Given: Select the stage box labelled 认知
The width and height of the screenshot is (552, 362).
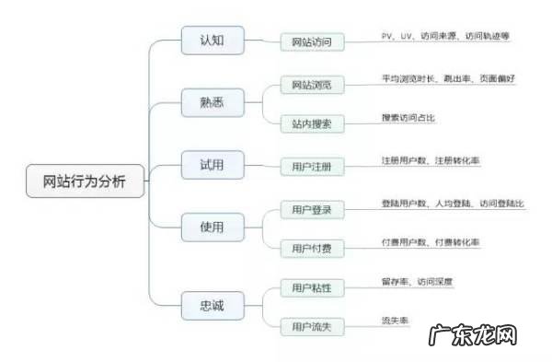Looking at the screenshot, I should [x=212, y=41].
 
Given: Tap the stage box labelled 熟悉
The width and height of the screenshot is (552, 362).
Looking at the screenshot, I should [x=212, y=103].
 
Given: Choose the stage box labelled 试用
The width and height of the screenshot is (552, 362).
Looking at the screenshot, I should [x=212, y=166].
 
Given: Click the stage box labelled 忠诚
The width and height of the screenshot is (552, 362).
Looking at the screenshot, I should [x=212, y=304].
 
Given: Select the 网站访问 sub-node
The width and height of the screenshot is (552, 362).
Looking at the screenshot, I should [x=312, y=41].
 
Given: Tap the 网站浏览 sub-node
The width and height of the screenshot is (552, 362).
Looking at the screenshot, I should [x=312, y=86].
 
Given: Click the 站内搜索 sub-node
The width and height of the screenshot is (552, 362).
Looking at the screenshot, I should [x=312, y=121].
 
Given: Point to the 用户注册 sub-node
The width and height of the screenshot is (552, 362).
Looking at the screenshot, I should [x=312, y=167].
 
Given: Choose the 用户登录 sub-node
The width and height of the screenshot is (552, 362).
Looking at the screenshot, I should [x=312, y=210].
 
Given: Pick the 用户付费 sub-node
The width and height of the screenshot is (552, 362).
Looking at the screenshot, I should [x=312, y=247].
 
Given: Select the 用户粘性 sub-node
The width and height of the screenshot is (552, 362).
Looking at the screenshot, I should [x=312, y=288].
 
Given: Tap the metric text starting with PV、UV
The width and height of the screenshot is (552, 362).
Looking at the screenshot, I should [x=444, y=36].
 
